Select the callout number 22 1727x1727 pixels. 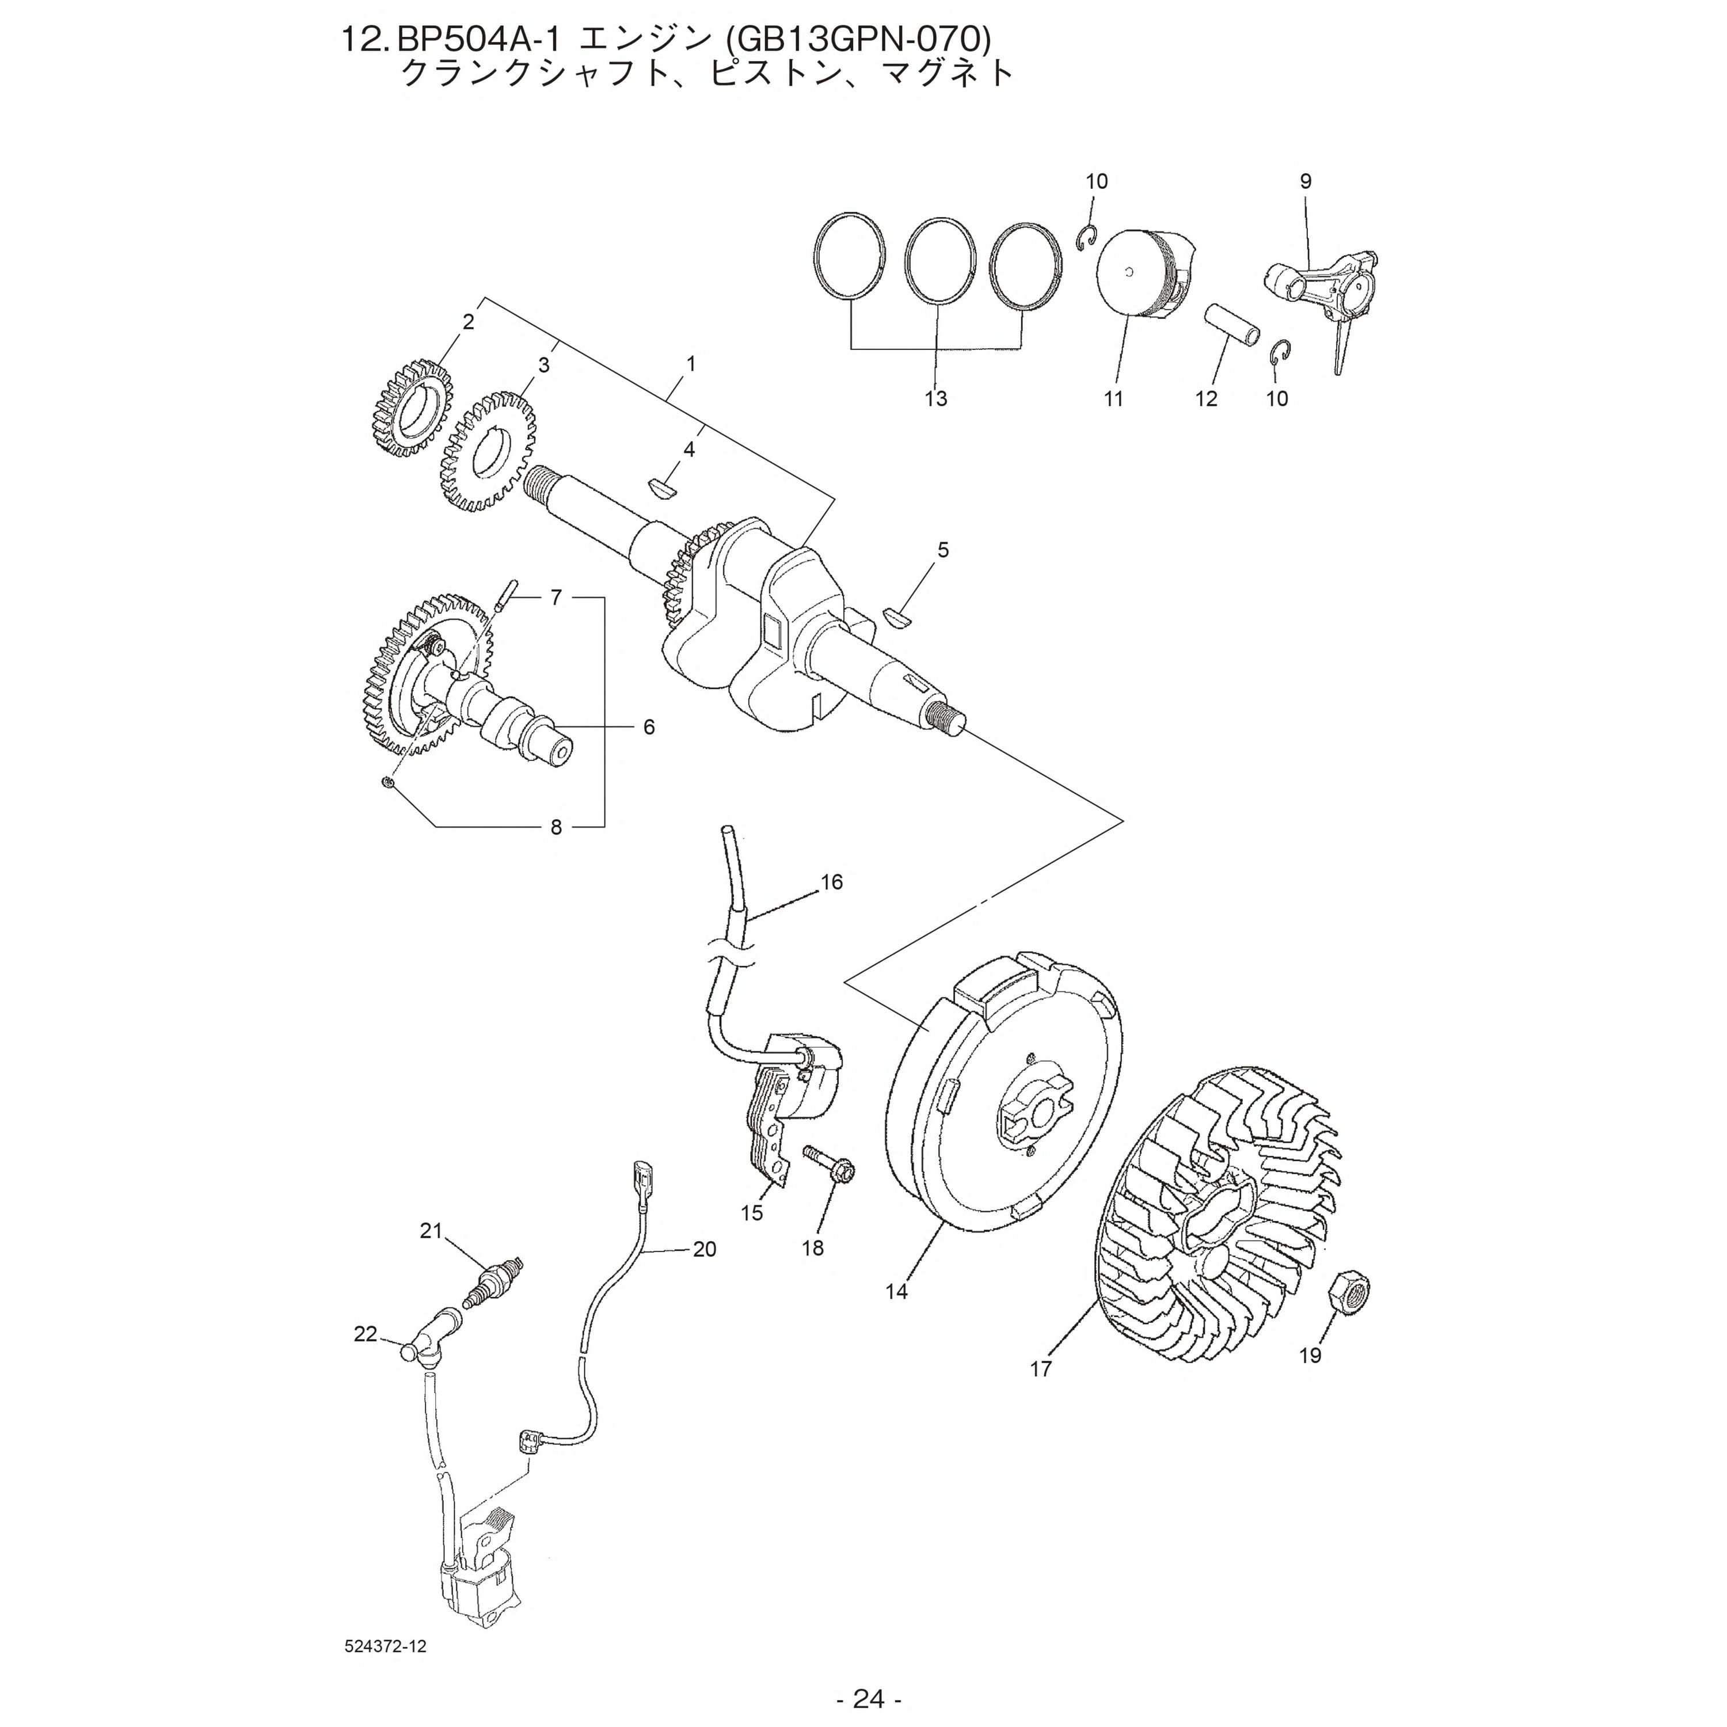(365, 1334)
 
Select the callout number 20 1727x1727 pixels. (705, 1249)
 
